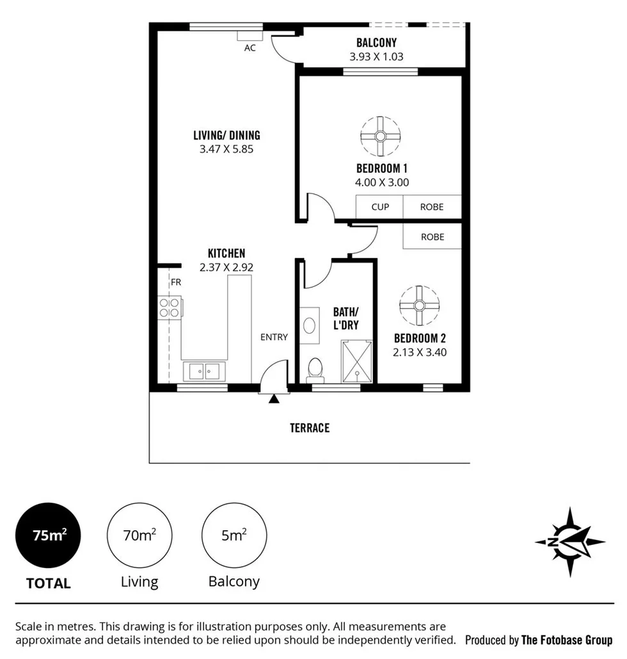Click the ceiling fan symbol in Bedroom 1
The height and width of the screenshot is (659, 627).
point(380,136)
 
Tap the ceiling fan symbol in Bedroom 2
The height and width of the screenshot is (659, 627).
point(419,305)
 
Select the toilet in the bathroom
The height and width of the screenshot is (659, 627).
point(315,369)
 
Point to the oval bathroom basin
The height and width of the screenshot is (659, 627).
point(310,323)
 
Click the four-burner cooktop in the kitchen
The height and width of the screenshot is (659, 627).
point(170,307)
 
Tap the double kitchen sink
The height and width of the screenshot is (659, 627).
point(204,371)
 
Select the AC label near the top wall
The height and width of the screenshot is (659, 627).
point(250,48)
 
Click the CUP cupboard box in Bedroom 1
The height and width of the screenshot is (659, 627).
point(380,207)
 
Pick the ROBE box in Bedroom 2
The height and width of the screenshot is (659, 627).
point(432,237)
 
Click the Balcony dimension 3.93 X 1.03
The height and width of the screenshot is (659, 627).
point(376,56)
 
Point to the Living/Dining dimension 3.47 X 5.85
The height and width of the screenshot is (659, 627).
point(226,149)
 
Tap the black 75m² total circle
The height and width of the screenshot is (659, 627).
point(49,535)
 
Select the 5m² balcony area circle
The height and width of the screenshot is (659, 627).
point(234,535)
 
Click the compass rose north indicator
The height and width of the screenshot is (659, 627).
point(569,542)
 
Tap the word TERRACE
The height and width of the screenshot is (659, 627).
point(310,428)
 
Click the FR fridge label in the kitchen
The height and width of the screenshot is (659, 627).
point(175,281)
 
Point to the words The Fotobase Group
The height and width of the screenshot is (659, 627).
point(567,640)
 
